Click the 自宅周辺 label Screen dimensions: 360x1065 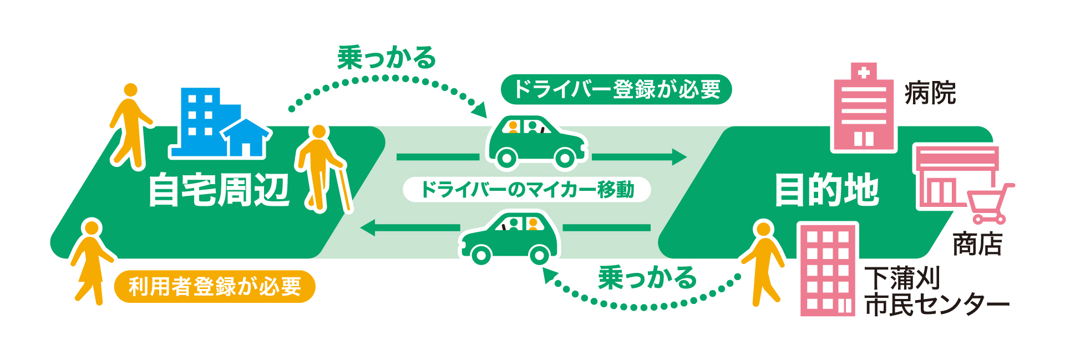219,190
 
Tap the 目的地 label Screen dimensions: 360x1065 826,190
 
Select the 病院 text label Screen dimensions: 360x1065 930,93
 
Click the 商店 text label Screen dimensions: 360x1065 977,245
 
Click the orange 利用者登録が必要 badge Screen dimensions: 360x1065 215,287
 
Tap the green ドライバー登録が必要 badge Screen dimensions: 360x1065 616,89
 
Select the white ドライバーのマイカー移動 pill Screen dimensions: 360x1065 526,190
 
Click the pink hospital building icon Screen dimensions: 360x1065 864,108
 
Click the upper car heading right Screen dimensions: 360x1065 536,142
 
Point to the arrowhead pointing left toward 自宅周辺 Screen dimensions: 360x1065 368,227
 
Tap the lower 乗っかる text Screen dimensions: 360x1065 647,277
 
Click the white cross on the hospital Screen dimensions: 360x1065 864,73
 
